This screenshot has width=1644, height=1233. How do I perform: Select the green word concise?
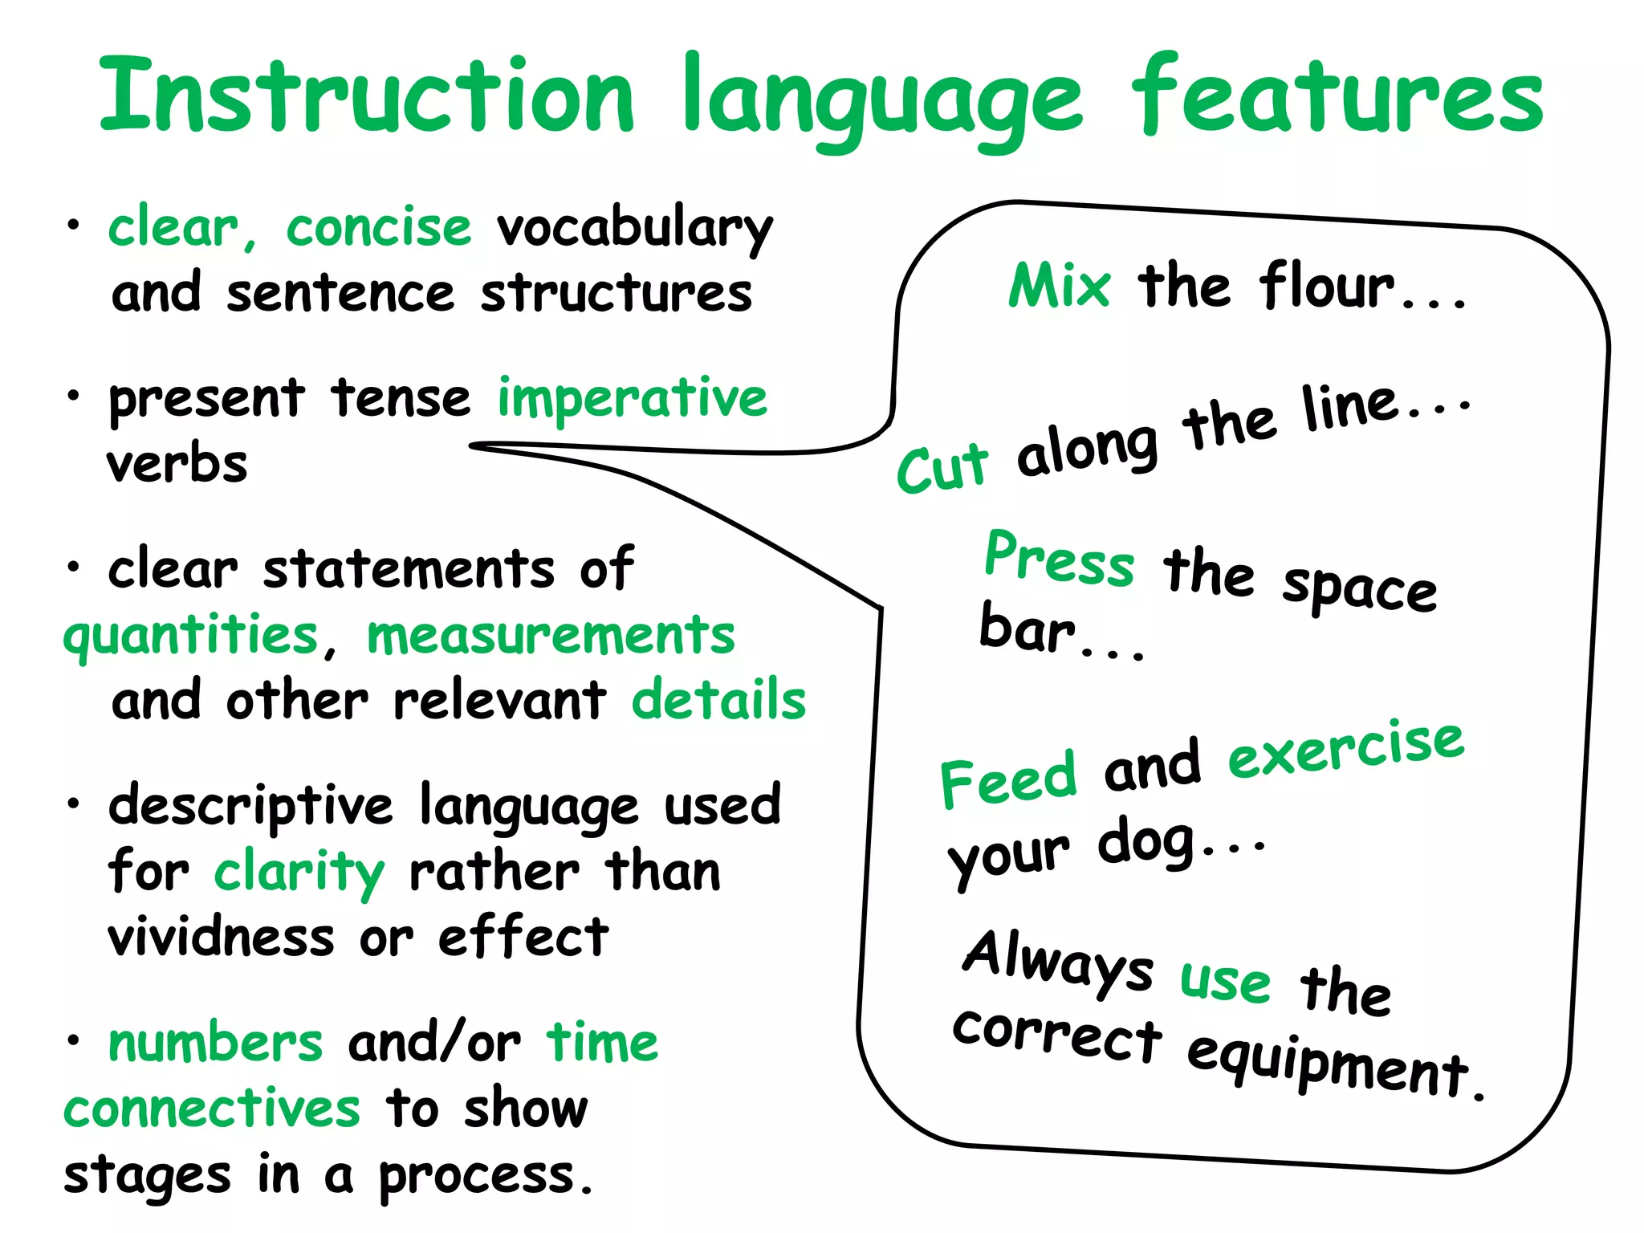point(378,228)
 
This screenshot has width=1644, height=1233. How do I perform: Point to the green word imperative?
point(632,398)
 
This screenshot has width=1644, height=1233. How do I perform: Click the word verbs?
point(177,464)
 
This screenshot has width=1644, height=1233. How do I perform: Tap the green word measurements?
point(551,636)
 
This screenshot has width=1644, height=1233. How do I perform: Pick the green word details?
point(718,700)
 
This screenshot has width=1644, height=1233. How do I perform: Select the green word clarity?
point(299,873)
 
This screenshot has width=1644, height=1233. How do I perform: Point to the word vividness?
point(221,938)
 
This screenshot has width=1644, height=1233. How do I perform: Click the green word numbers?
point(215,1044)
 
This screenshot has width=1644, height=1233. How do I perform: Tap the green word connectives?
point(212,1109)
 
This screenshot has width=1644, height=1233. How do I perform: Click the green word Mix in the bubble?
point(1060,286)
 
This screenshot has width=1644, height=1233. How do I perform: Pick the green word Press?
point(1060,560)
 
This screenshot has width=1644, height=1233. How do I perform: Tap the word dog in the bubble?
point(1146,843)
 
